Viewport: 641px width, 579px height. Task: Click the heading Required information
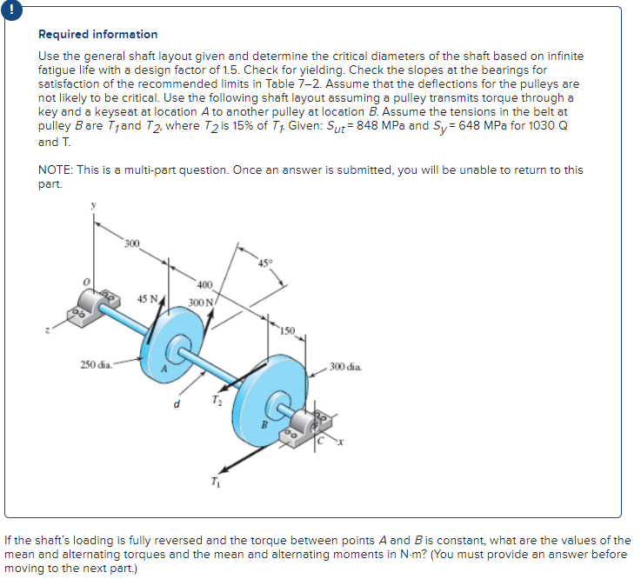tap(98, 34)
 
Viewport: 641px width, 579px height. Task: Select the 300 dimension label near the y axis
tap(131, 241)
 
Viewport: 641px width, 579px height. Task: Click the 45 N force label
tap(147, 298)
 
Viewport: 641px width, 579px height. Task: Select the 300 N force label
tap(201, 302)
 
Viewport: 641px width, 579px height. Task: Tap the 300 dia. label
tap(346, 366)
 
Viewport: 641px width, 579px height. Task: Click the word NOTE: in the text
tap(57, 170)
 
